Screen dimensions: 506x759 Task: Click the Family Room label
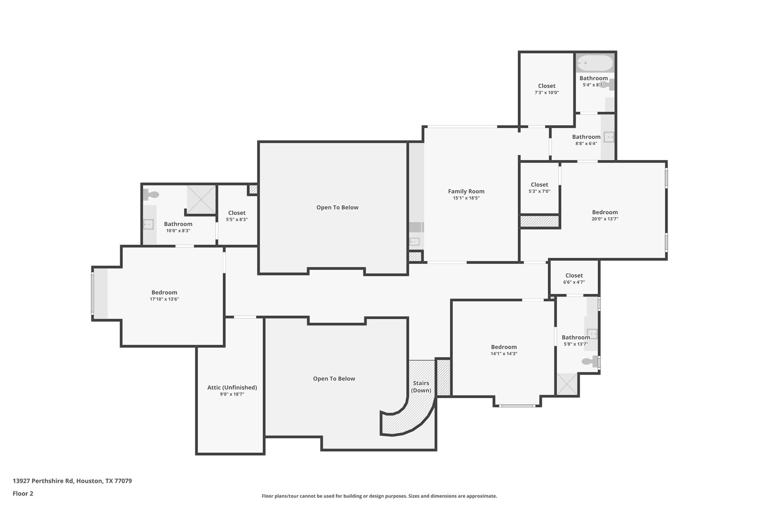[x=466, y=191]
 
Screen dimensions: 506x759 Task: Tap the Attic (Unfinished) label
[x=232, y=387]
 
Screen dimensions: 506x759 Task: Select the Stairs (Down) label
[x=421, y=387]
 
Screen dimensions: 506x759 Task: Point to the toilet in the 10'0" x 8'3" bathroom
[x=152, y=194]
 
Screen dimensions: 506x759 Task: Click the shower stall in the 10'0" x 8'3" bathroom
[x=201, y=199]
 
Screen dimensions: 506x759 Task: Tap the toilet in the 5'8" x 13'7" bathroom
[x=589, y=361]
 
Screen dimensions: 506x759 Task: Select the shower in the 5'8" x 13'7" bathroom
[x=567, y=384]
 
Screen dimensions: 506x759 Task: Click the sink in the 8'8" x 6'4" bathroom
[x=609, y=137]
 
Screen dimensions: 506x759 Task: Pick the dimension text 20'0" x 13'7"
[x=605, y=219]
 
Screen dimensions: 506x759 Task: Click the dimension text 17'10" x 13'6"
[x=164, y=299]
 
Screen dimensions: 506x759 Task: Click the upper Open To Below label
[x=337, y=208]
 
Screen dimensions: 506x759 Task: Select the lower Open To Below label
[x=334, y=378]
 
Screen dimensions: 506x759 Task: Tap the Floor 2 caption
[x=23, y=493]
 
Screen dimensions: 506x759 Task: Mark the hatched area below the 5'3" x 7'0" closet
[x=540, y=221]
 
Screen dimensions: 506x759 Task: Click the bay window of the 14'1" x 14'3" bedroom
[x=517, y=406]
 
